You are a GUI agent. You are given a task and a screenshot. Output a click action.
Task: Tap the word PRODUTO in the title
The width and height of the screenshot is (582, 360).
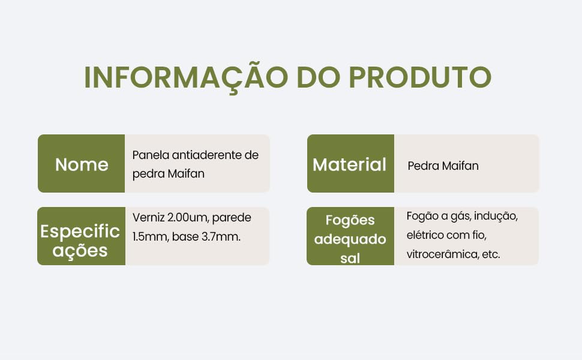click(x=421, y=77)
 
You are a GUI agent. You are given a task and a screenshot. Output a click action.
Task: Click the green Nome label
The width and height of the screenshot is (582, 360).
click(x=82, y=164)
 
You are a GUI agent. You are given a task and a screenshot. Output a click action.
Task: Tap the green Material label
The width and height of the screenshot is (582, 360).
click(x=350, y=164)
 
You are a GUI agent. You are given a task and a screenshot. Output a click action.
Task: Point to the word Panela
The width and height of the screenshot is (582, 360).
click(x=151, y=155)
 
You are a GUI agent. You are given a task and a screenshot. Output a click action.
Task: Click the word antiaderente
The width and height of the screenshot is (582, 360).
click(x=206, y=155)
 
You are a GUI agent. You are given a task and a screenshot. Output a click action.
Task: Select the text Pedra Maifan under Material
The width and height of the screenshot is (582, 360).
click(x=443, y=166)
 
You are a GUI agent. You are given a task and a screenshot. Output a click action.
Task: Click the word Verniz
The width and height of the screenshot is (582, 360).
click(x=148, y=217)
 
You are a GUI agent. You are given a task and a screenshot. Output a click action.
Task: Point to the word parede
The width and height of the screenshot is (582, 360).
click(x=232, y=217)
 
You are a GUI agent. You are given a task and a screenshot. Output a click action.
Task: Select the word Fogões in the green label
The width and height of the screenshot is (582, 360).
click(x=350, y=220)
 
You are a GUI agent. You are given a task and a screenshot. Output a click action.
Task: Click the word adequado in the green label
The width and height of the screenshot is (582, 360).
click(x=350, y=239)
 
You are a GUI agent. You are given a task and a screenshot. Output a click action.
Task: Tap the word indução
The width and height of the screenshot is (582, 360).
click(x=497, y=216)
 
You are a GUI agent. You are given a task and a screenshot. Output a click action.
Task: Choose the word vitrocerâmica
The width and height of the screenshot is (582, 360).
click(x=443, y=254)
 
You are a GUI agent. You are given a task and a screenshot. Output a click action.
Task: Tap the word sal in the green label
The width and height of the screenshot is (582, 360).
click(x=350, y=259)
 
